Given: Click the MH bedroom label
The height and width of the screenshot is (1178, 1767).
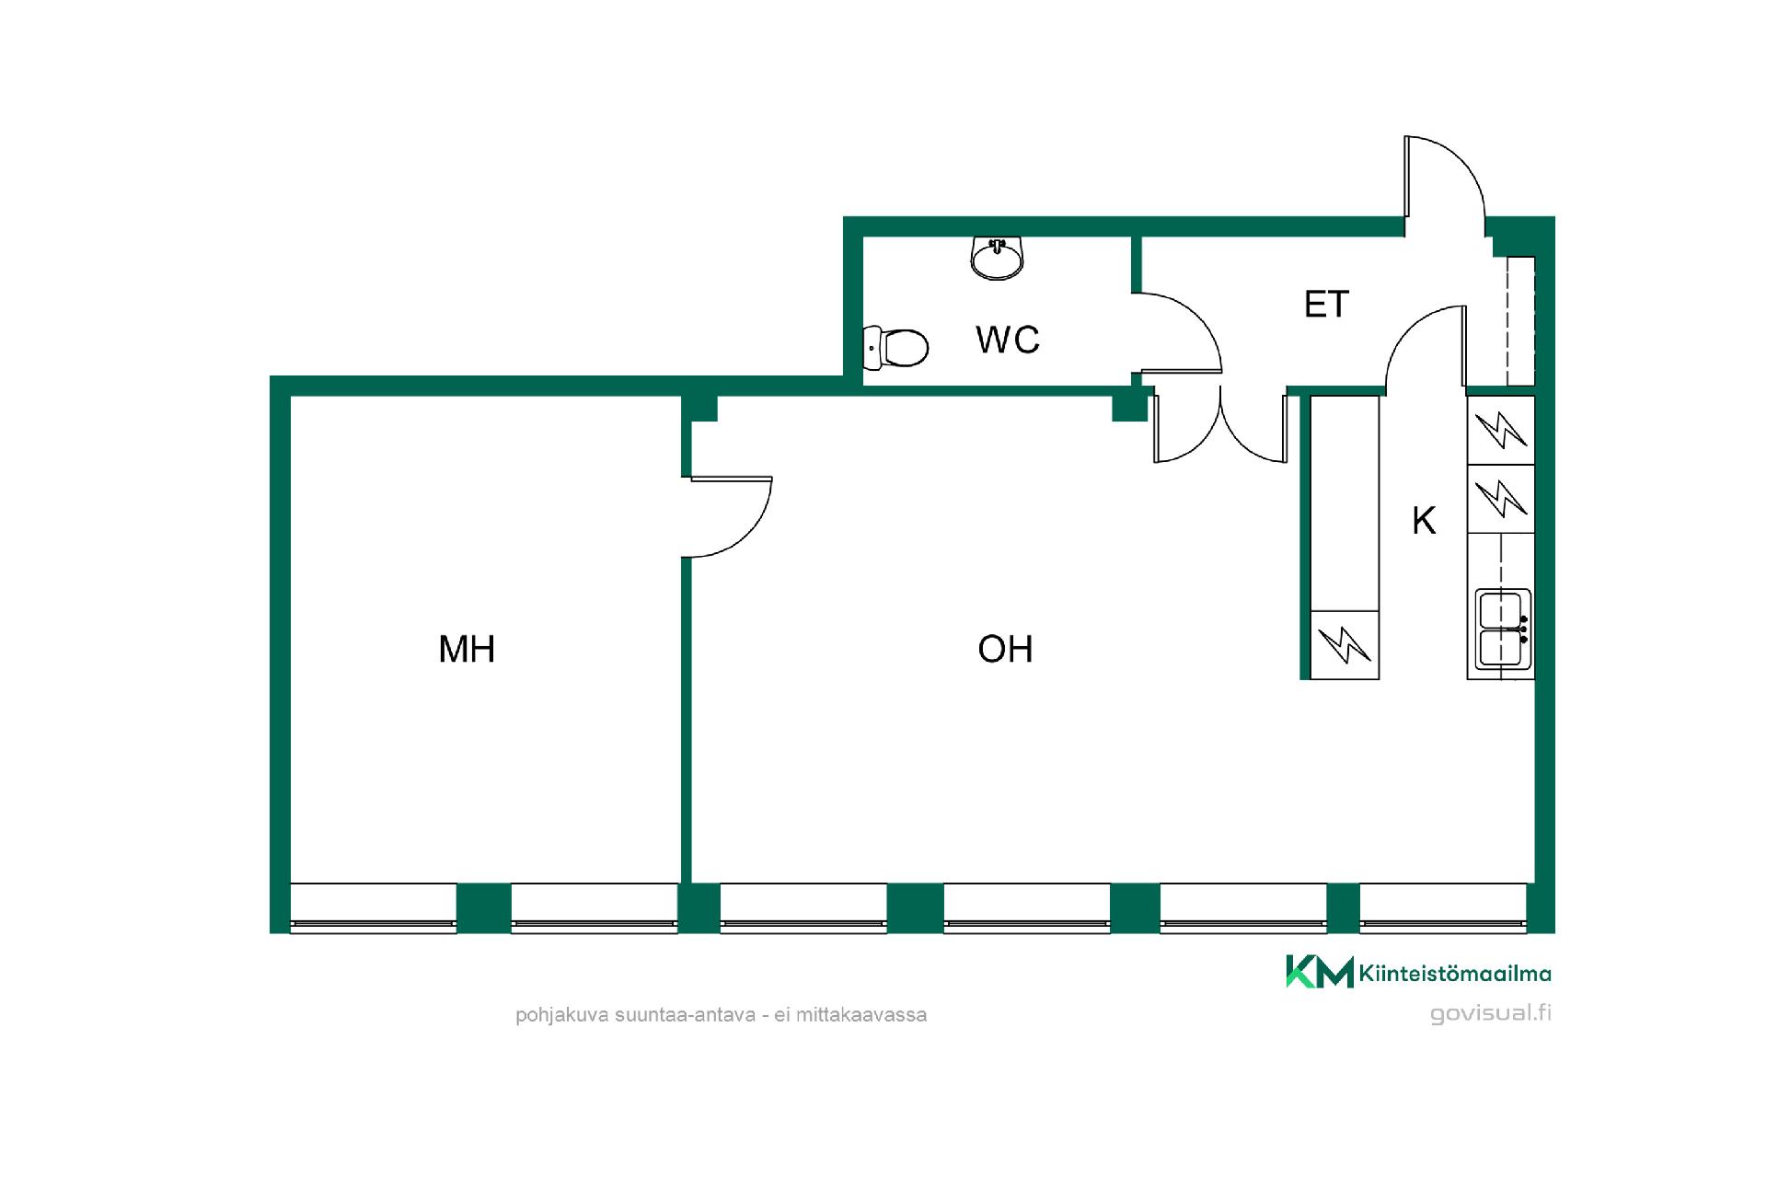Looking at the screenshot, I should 467,650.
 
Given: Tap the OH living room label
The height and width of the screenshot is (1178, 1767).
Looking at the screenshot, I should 1005,650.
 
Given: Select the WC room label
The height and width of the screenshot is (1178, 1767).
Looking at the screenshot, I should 1008,340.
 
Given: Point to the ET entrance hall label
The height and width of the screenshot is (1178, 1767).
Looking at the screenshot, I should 1326,305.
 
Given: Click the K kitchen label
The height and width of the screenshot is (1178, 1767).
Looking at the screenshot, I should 1424,521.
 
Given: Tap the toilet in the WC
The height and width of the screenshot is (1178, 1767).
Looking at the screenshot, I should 896,348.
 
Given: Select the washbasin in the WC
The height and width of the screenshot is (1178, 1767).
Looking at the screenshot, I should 997,258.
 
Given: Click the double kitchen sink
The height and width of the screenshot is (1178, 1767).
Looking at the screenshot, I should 1502,629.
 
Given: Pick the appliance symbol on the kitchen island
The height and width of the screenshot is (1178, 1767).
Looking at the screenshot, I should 1345,644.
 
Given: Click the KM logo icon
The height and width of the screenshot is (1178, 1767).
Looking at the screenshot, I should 1319,972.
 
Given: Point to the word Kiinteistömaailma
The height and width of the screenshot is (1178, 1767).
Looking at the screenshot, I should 1455,973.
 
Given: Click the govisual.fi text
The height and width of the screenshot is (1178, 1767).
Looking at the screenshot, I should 1490,1013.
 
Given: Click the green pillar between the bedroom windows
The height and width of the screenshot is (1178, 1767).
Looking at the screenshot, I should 484,907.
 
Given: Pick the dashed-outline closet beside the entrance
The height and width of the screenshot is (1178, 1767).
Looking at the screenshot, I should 1520,321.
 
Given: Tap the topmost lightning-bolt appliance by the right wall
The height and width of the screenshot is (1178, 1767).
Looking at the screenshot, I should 1501,430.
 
